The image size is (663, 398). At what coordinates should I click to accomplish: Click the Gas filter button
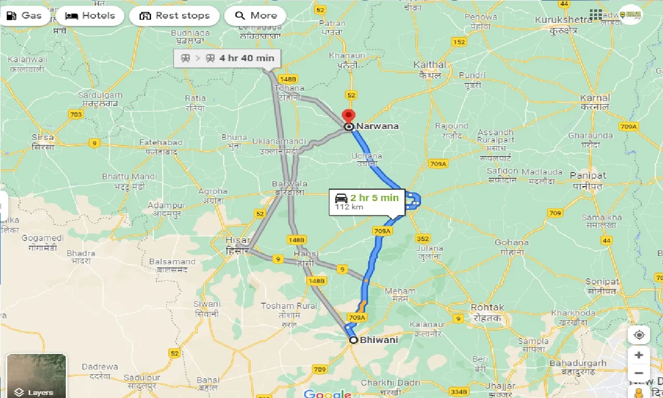pos(24,16)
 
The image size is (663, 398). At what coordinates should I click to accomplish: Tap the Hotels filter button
pos(91,16)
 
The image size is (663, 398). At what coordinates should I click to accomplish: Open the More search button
pos(255,16)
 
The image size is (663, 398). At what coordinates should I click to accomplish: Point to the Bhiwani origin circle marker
pos(353,340)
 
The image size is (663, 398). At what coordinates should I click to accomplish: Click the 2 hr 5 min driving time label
pos(374,197)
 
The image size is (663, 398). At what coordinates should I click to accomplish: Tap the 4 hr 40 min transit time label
pos(247,58)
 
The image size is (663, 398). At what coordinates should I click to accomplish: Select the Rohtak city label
pos(487,308)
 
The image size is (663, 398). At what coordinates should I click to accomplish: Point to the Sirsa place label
pos(42,138)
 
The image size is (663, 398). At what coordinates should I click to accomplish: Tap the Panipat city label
pos(587,176)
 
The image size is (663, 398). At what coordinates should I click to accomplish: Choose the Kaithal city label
pos(429,65)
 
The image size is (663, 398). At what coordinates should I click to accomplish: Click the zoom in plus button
pos(639,355)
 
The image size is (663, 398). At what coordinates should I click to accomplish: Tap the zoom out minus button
pos(639,373)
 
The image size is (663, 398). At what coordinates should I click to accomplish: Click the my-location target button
pos(639,335)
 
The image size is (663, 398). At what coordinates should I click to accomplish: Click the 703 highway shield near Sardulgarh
pos(76,115)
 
